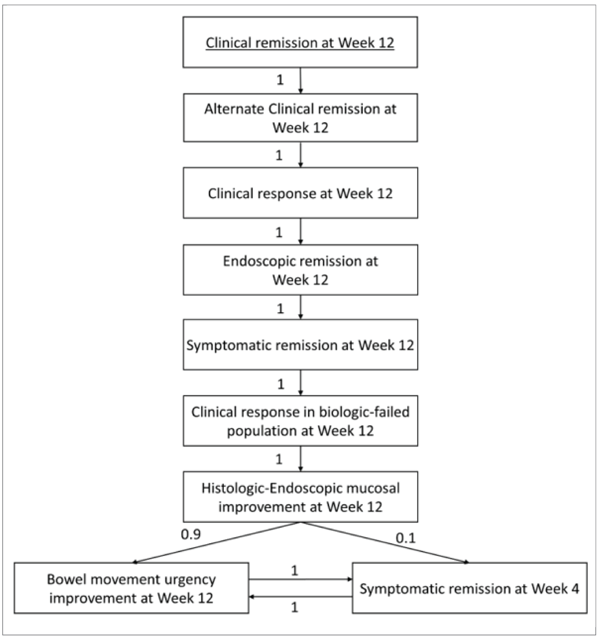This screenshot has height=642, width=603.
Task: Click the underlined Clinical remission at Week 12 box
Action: point(300,42)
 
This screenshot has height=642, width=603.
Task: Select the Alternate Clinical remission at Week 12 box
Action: point(300,118)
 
